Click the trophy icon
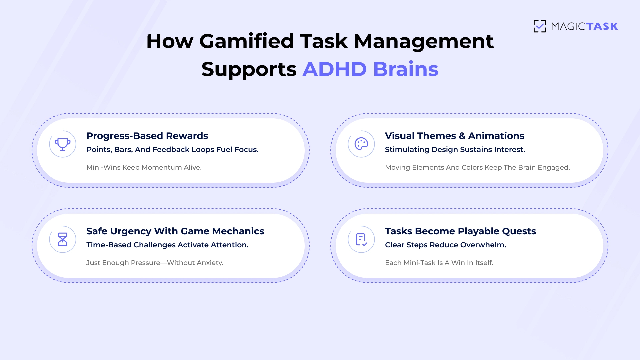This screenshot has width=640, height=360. [x=63, y=144]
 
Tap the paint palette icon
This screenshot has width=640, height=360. [x=361, y=144]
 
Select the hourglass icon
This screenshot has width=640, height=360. [x=63, y=239]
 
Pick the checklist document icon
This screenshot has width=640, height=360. [x=361, y=240]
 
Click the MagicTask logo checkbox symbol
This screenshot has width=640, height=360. [x=540, y=26]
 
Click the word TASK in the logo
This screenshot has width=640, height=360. [x=602, y=26]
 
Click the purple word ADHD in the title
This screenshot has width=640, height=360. [x=335, y=69]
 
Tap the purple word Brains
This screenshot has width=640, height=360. [x=406, y=69]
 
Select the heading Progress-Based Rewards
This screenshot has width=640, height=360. [x=147, y=136]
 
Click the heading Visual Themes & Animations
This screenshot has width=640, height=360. [x=455, y=136]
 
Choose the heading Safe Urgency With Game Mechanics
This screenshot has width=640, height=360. [x=175, y=231]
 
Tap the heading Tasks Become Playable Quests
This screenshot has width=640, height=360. [x=460, y=231]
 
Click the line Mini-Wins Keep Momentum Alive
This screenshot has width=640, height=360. [x=144, y=167]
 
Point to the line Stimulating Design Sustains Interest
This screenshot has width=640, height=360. [x=455, y=150]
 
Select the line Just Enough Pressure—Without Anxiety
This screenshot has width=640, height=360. [x=155, y=263]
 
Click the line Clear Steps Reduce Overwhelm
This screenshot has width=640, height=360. [x=446, y=245]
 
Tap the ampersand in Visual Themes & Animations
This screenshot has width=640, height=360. [x=462, y=136]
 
